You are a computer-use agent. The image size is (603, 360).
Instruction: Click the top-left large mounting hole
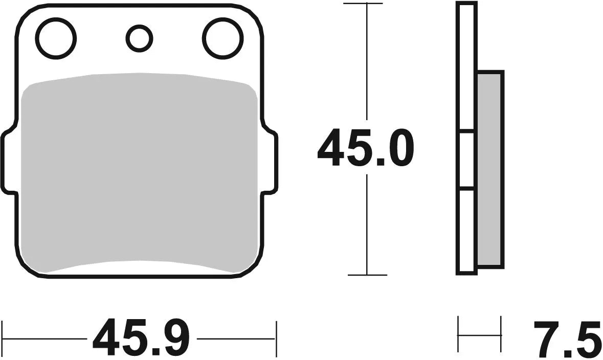click(x=56, y=37)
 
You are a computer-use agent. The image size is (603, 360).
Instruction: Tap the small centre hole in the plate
click(x=139, y=38)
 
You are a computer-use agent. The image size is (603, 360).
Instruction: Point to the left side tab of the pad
click(x=9, y=161)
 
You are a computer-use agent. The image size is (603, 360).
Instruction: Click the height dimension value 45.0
click(x=365, y=148)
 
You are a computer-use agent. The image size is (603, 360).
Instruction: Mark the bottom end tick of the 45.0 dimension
click(x=367, y=275)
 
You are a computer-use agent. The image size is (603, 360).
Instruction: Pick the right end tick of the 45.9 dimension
click(x=276, y=337)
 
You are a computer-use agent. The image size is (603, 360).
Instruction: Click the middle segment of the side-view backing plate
click(x=466, y=161)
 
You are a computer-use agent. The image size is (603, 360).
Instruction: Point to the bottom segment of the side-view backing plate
click(x=466, y=230)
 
